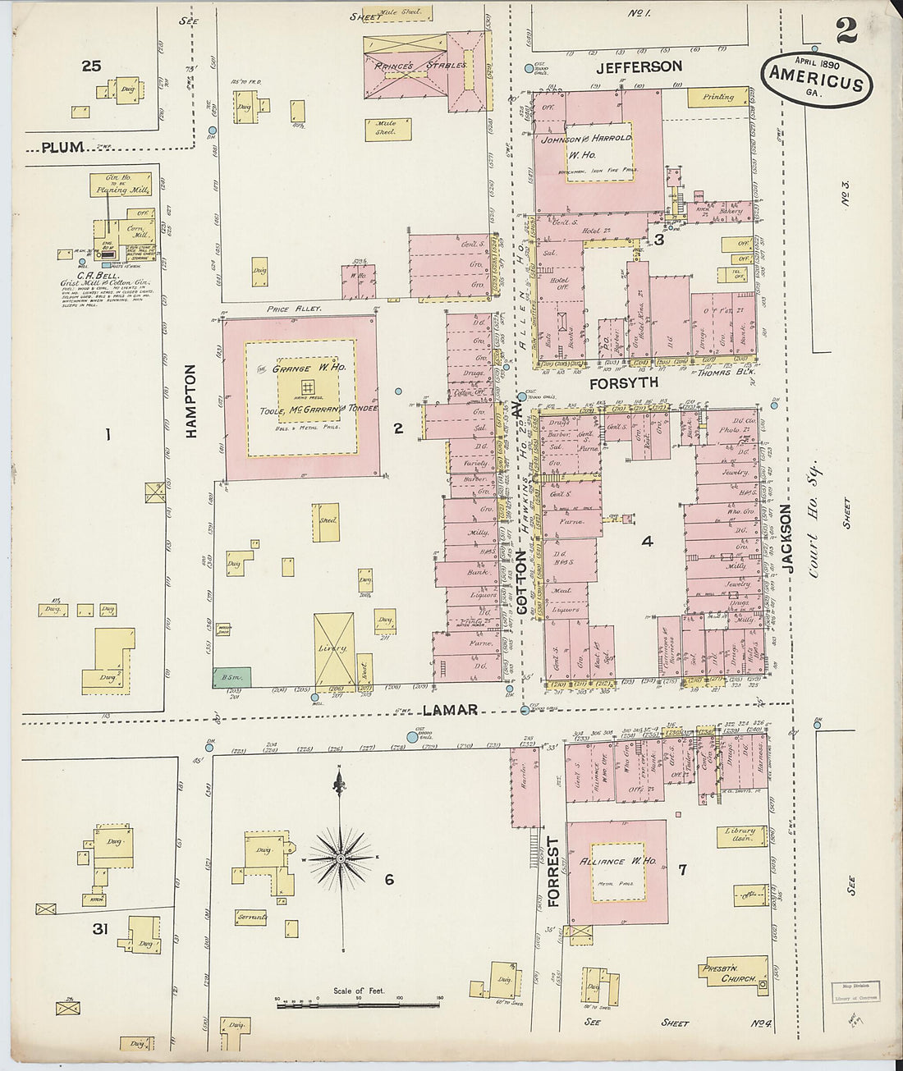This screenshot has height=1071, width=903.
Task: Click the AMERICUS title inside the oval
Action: coord(815,83)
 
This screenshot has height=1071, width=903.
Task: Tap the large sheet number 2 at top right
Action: coord(846,31)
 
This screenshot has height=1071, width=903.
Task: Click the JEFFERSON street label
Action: coord(639,67)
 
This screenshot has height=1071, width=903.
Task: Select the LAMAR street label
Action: coord(451,710)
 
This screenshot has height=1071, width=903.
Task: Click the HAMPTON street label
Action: coord(190,401)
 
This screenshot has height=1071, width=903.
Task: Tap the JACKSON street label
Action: coord(786,538)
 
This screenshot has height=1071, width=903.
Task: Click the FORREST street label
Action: coord(553,872)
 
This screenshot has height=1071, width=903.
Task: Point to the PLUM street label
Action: coord(63,148)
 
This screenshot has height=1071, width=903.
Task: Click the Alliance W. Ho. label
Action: coord(618,861)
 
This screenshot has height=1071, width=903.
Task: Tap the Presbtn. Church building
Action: coord(733,973)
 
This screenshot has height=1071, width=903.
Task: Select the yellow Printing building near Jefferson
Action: coord(717,97)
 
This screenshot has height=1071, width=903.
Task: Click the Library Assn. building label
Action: coord(740,835)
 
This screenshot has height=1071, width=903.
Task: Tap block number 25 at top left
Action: coord(91,66)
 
